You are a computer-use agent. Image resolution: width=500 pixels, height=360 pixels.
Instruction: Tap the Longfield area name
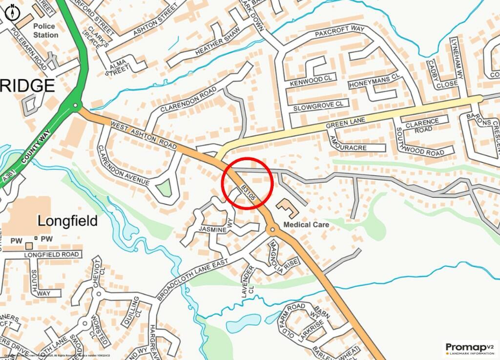[x=67, y=221]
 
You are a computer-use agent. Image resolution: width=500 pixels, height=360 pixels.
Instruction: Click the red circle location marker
[x=247, y=183]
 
